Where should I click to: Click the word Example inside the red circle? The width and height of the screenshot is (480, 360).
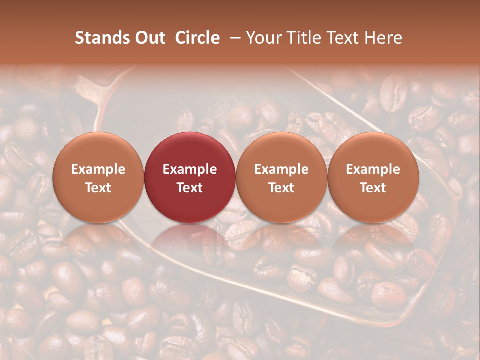(x=190, y=169)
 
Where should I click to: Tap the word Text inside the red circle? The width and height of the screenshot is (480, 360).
(x=190, y=188)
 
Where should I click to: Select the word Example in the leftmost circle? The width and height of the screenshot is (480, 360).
(x=98, y=169)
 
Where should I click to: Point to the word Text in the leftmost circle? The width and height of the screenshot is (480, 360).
(x=98, y=188)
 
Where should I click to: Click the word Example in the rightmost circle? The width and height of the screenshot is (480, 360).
(x=373, y=169)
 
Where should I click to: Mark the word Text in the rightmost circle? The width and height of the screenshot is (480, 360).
(x=373, y=188)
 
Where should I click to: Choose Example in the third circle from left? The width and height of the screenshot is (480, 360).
(x=281, y=169)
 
